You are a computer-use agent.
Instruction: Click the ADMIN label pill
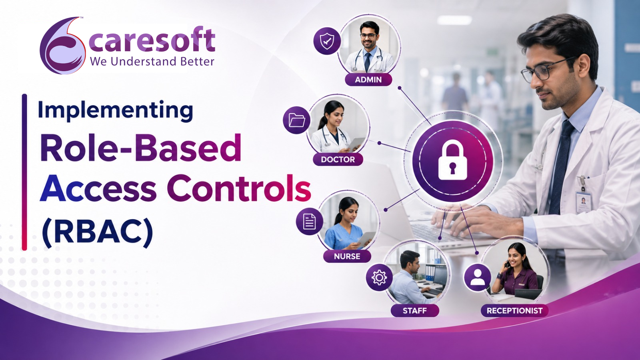[368, 80]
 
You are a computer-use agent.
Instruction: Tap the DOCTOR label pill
[338, 159]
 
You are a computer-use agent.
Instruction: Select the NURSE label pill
[347, 256]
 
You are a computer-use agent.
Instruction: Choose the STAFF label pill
[415, 310]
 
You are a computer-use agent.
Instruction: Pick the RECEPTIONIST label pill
[514, 310]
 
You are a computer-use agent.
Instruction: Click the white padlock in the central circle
[452, 162]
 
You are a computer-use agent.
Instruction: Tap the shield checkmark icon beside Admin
[327, 41]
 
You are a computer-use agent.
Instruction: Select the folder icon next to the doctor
[296, 120]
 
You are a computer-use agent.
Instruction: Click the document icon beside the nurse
[310, 222]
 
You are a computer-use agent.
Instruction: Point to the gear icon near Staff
[379, 278]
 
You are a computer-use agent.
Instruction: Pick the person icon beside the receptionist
[478, 278]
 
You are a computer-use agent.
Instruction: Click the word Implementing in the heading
[116, 111]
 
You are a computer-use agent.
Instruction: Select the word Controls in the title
[239, 188]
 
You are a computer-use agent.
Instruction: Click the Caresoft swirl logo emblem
[62, 46]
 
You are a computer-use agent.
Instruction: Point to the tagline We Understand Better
[152, 62]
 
